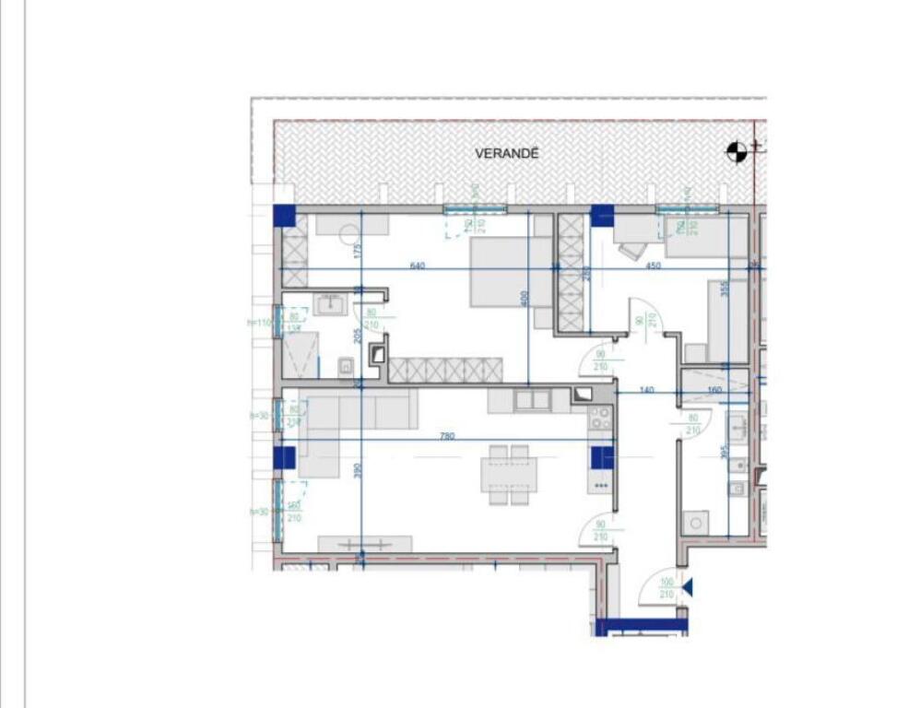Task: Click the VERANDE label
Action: pos(507,154)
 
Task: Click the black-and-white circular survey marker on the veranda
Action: pos(736,152)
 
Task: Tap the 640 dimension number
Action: pos(418,266)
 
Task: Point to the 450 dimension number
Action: pos(653,266)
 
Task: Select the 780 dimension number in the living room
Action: pos(447,436)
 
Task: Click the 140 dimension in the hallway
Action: pos(646,390)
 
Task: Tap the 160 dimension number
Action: pos(714,390)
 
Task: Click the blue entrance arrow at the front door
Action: pos(686,587)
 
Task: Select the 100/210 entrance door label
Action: pos(666,589)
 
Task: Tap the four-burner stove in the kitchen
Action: pos(600,418)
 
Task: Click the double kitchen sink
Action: pos(532,400)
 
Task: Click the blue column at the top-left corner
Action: pos(284,216)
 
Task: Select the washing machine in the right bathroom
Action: pos(695,523)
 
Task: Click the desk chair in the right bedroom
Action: pos(633,248)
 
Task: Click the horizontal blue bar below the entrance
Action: pos(642,625)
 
